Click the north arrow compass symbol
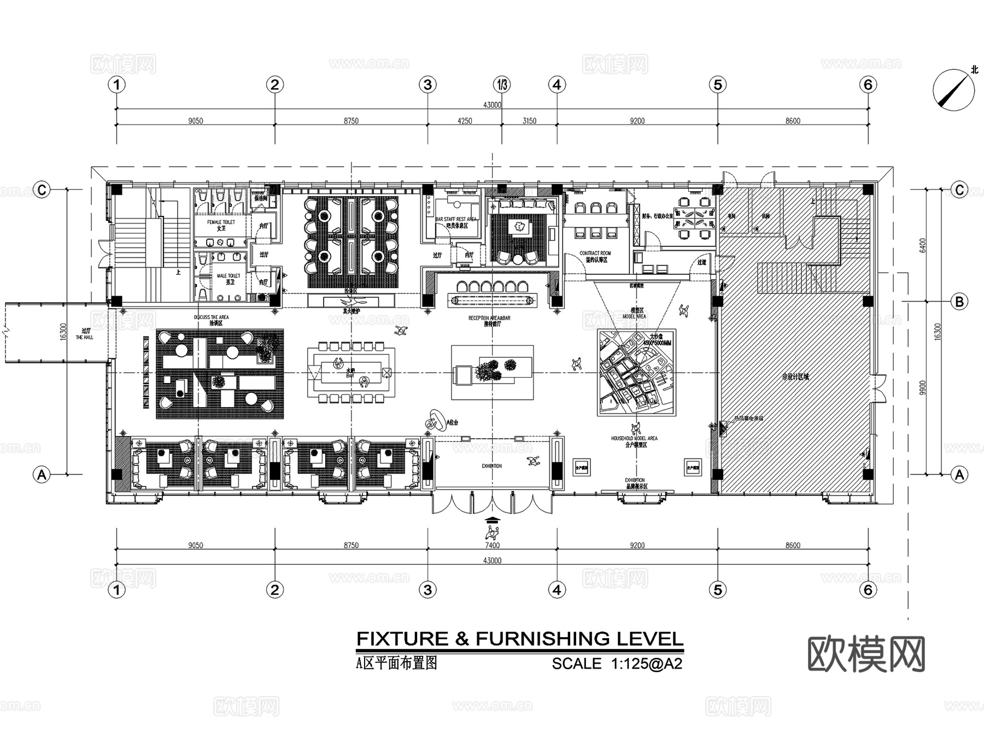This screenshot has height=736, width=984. point(953,90)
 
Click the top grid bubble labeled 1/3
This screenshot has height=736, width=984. point(501,85)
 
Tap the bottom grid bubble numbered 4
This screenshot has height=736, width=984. point(557,590)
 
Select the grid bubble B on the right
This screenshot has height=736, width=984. point(959,301)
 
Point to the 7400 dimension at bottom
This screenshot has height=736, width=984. point(492,545)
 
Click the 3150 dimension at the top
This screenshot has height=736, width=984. point(529,121)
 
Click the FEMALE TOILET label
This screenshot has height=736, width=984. point(221,222)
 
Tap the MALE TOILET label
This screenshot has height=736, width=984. point(229,276)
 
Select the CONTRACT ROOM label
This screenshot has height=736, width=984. point(595,254)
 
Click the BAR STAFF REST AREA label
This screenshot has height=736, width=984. point(455,219)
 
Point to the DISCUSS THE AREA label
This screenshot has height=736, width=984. point(212,317)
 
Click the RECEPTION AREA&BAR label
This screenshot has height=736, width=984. point(489,318)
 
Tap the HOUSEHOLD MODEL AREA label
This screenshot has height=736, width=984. point(634,438)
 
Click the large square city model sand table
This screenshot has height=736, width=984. point(637,372)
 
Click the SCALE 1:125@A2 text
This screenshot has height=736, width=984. point(617,664)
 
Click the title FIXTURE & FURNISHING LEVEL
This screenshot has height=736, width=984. point(519,639)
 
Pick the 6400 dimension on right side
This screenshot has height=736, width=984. point(923,245)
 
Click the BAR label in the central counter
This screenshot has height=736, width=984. point(350,376)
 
